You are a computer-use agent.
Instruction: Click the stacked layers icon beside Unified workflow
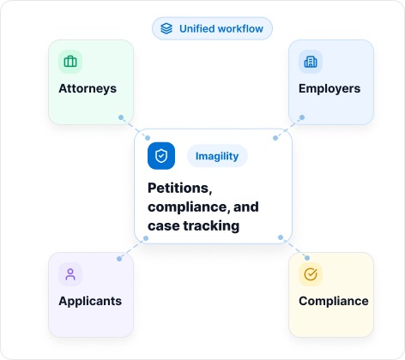(x=166, y=28)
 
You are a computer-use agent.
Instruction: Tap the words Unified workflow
(x=221, y=29)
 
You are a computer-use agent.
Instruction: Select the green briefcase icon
(x=70, y=62)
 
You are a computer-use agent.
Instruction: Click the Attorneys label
(x=88, y=88)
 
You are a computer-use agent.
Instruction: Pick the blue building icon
(x=311, y=62)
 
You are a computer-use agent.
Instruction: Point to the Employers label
(x=329, y=88)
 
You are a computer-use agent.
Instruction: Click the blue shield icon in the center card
(x=161, y=156)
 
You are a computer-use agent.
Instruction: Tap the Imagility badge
(x=217, y=156)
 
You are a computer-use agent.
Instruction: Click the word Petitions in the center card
(x=180, y=189)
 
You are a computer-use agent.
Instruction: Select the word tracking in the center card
(x=211, y=226)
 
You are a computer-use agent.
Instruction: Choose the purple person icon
(x=70, y=274)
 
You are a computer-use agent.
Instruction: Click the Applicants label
(x=90, y=301)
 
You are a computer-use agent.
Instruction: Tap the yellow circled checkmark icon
(x=311, y=274)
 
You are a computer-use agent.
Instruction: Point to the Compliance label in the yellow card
(x=334, y=301)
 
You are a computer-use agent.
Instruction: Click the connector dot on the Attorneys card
(x=121, y=117)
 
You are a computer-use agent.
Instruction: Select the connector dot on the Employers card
(x=302, y=117)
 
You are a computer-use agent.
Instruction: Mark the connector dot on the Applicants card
(x=119, y=259)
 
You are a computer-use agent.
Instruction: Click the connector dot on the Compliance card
(x=307, y=258)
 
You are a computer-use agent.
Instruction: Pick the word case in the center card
(x=164, y=226)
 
